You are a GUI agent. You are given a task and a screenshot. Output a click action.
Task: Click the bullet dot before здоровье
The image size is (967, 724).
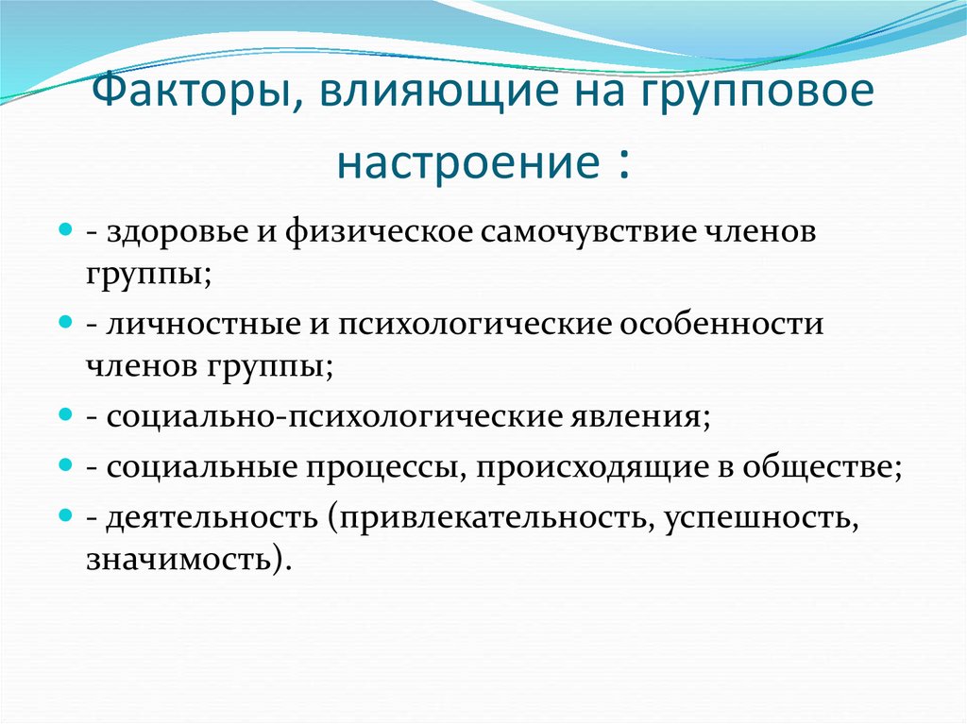pyautogui.click(x=66, y=231)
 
